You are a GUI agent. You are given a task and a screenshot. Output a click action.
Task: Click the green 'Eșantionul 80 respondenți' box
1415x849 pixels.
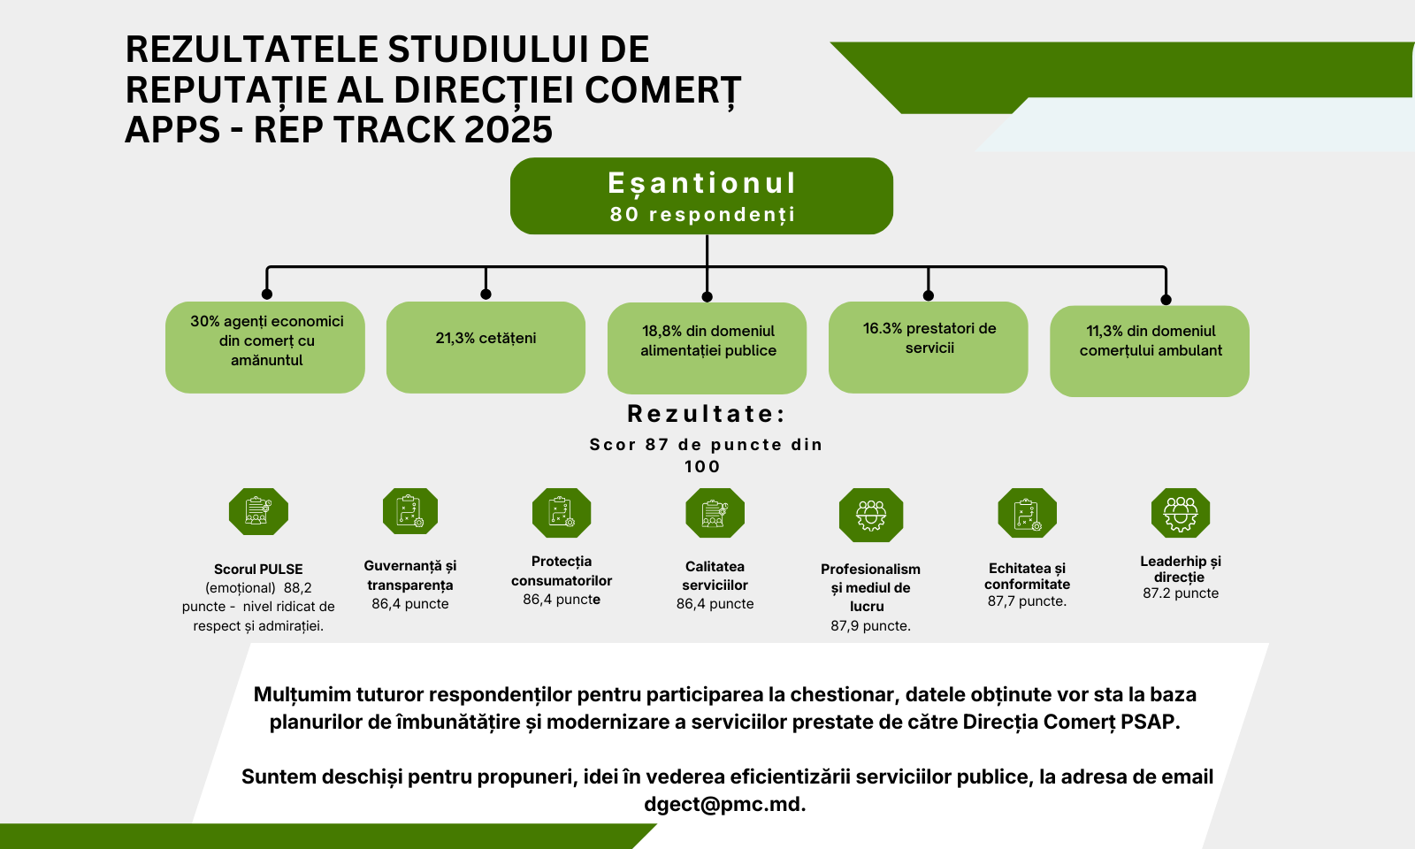point(701,195)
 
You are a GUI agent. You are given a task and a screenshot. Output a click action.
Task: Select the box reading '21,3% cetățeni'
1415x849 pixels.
point(486,348)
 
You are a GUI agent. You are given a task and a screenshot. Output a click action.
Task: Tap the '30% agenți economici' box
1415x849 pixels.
point(265,348)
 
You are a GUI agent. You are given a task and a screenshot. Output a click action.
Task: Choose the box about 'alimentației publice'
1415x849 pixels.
point(707,348)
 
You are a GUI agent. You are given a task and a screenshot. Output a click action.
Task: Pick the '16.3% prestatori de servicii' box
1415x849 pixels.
point(928,348)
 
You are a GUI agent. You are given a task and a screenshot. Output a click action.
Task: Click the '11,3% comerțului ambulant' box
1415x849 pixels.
point(1150,351)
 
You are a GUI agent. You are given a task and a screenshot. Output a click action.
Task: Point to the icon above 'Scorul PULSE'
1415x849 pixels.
point(258,512)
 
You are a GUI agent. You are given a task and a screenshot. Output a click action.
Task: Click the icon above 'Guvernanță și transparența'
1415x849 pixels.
point(410,511)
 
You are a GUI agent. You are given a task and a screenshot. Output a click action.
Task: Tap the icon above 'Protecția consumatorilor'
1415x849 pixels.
point(562,512)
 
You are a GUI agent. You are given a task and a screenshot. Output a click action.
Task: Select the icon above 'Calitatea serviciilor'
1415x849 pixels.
point(715,512)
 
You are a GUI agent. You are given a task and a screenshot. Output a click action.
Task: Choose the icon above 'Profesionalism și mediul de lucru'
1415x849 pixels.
point(871,515)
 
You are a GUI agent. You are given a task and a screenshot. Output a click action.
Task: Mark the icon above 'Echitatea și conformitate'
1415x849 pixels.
point(1027,512)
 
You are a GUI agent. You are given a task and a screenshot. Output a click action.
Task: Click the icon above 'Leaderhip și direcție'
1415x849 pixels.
point(1181,512)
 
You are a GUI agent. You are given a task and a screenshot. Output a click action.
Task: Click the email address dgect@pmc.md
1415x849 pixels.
point(724,804)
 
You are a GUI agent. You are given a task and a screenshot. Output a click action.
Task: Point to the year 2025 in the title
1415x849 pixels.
point(509,129)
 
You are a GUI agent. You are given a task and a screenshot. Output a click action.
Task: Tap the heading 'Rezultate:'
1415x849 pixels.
point(707,414)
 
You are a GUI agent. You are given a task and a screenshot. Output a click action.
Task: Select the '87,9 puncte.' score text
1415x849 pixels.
point(870,626)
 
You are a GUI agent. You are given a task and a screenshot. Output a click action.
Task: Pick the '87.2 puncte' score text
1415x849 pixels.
point(1181,593)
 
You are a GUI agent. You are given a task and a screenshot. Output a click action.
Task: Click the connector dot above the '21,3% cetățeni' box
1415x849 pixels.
point(486,294)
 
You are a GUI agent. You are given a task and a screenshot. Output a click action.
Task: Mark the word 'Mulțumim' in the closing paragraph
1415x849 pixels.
point(302,695)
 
